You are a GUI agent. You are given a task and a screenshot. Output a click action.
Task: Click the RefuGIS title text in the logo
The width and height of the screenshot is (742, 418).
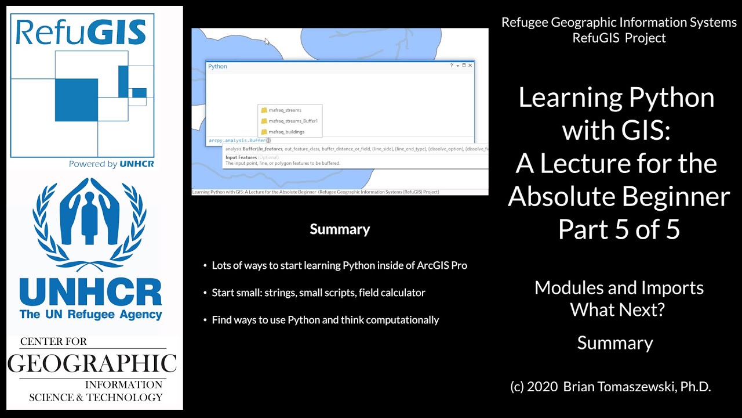coord(81,33)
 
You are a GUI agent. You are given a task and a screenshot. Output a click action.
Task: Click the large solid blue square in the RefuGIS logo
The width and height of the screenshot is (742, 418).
coord(77,100)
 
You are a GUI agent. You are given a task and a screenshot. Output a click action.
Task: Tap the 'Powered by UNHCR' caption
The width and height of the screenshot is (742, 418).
coord(111,164)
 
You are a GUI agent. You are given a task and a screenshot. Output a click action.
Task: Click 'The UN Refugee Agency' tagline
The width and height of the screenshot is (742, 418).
coord(90,315)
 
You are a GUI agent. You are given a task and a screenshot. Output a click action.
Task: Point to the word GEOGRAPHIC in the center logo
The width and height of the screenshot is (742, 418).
coord(92,363)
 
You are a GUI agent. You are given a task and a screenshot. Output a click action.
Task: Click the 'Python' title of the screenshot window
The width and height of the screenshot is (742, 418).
coord(217,66)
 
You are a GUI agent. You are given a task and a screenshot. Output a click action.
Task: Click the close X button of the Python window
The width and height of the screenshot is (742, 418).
coord(470,66)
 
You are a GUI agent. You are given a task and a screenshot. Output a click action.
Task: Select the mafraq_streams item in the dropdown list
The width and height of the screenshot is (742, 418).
coord(285,110)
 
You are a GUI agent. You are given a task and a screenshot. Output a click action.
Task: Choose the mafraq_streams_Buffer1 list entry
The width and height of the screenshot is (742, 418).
coord(293,121)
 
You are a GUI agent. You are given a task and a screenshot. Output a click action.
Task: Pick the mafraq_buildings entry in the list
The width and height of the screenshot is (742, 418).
coord(286,132)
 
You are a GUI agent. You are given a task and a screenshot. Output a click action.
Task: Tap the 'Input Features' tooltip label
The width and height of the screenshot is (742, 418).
coord(241,157)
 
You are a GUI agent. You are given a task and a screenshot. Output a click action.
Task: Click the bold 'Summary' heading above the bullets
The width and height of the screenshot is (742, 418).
coord(340,229)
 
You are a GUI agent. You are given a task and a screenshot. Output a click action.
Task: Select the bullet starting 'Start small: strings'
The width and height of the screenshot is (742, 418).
coord(318,293)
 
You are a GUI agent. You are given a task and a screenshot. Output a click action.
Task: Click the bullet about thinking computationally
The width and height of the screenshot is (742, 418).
coord(325,320)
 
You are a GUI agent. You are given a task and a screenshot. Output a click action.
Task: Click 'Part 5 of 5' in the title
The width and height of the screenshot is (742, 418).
coord(619,229)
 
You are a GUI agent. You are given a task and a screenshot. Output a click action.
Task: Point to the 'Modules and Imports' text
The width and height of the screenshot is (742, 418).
coord(619,287)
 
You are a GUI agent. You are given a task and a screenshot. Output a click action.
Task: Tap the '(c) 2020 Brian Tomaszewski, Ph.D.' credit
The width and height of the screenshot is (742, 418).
coord(610,387)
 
